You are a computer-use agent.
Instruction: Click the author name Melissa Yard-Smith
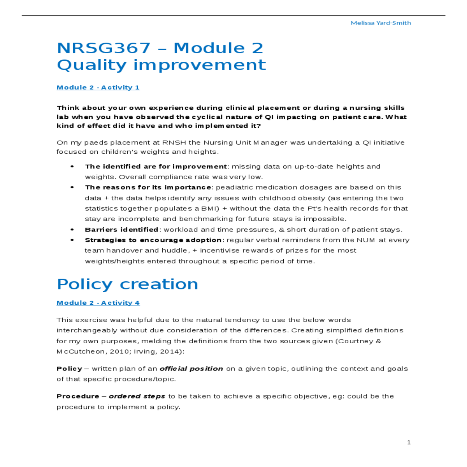pos(381,23)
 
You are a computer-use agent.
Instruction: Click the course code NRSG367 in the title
pos(104,48)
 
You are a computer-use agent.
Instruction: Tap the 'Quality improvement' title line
pos(161,65)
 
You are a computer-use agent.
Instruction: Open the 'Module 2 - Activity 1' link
pos(98,88)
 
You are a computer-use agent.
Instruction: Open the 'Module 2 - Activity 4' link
pos(98,303)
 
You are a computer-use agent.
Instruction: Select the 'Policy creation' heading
pos(127,284)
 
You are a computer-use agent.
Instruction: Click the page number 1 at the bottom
pos(409,442)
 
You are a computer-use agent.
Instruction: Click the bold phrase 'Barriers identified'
pos(121,230)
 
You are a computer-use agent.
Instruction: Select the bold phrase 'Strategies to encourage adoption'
pos(153,240)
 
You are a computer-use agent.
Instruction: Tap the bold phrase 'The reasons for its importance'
pos(148,187)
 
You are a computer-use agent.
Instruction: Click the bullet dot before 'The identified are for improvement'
pos(72,167)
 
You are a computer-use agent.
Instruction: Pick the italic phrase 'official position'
pos(191,369)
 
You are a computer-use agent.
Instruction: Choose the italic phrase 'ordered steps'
pos(137,396)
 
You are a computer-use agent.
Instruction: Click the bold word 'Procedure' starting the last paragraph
pos(78,396)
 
